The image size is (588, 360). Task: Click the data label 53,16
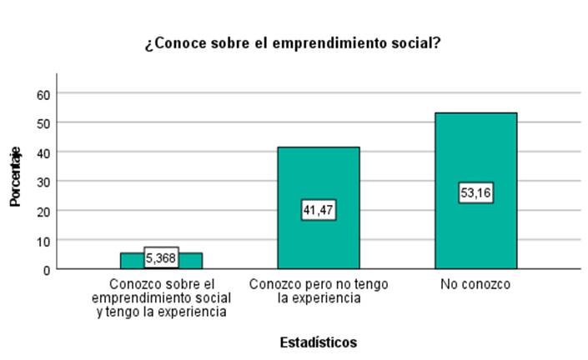[475, 193]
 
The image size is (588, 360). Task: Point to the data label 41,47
[318, 210]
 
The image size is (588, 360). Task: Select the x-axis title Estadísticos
[318, 342]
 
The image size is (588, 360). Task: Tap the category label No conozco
[475, 286]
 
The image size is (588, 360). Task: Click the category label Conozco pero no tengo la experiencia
[318, 292]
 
